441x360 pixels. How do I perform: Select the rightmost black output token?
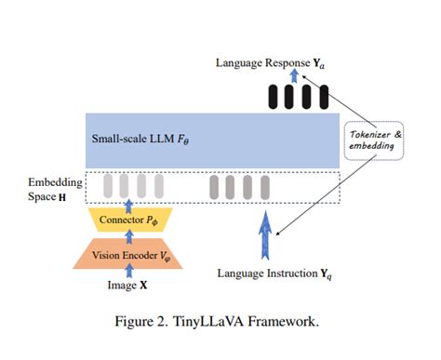click(x=324, y=96)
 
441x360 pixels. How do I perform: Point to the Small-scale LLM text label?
click(x=140, y=140)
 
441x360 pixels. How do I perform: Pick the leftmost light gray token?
click(x=105, y=186)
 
